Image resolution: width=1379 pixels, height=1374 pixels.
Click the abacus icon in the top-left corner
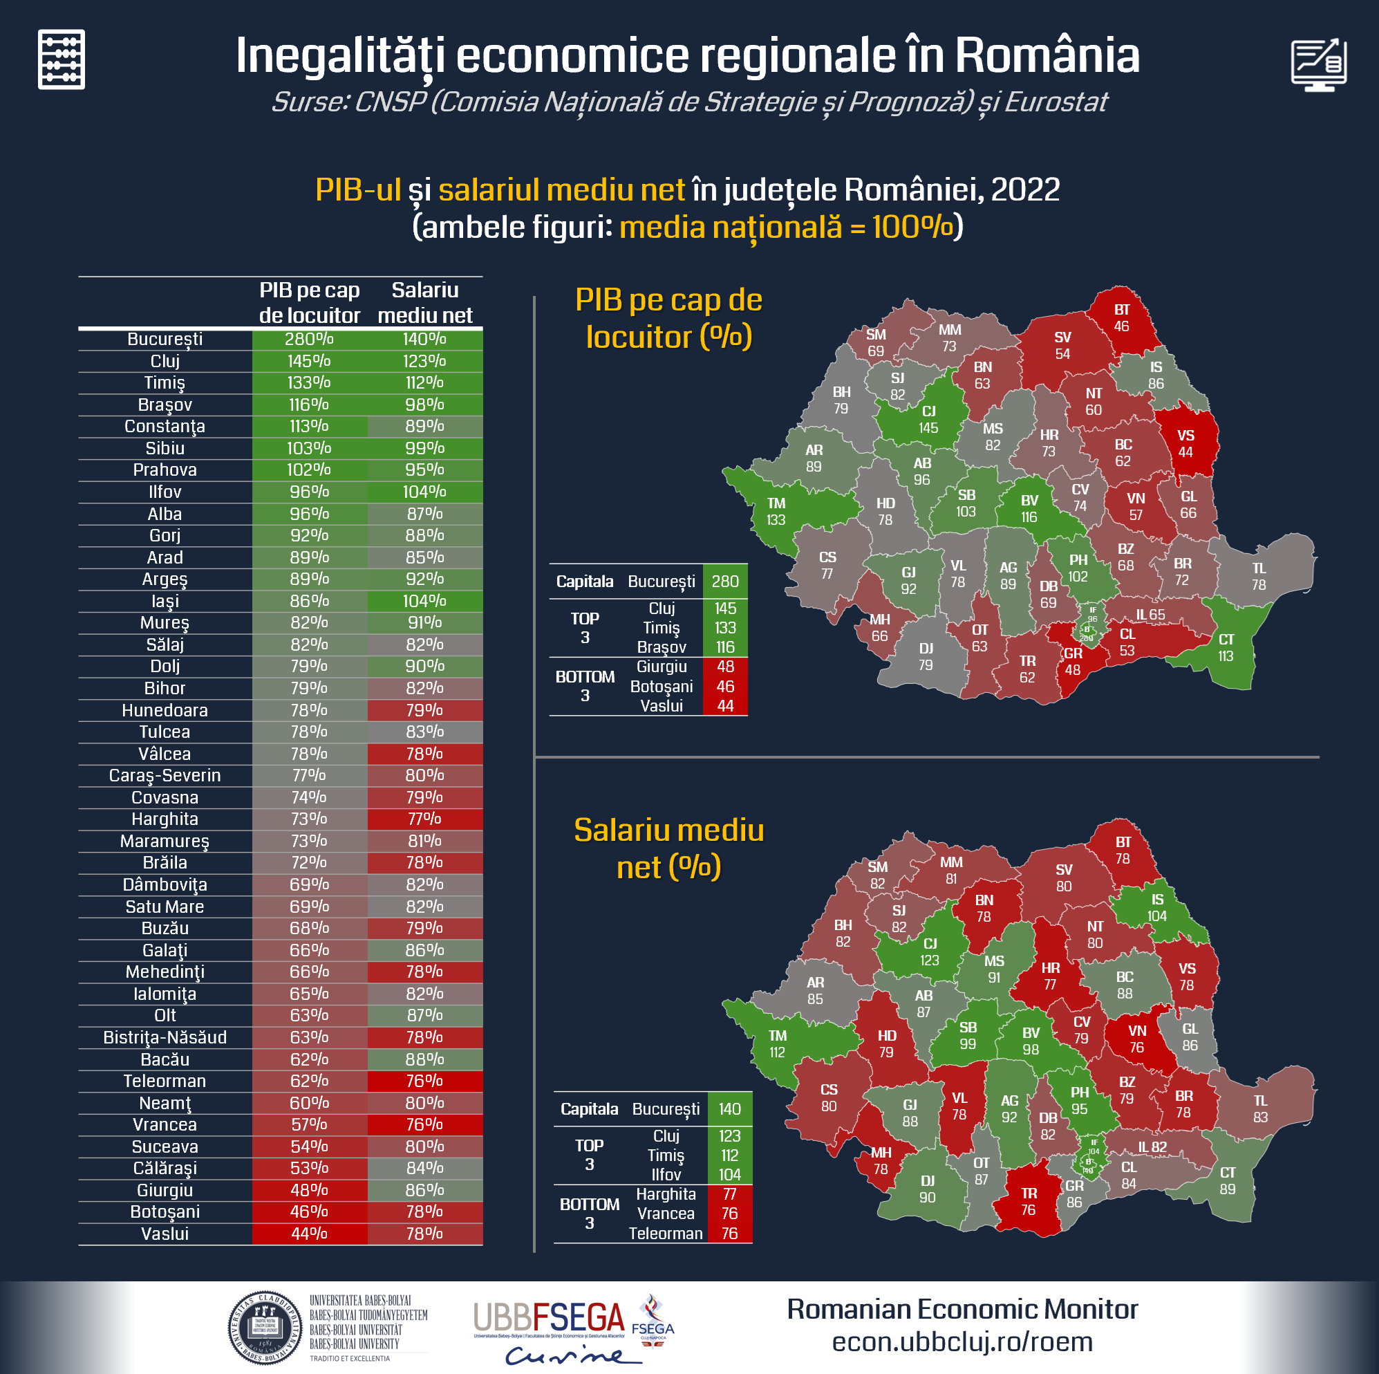click(62, 59)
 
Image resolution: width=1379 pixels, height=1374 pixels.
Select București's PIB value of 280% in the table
click(309, 340)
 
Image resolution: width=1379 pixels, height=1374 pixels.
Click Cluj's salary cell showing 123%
click(424, 362)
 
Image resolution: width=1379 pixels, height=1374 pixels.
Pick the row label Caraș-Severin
click(165, 776)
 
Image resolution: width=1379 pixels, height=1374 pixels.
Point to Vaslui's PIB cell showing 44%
click(309, 1234)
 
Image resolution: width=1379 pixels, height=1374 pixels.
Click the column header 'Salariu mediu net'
click(424, 302)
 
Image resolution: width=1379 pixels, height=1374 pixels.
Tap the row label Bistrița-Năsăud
click(165, 1037)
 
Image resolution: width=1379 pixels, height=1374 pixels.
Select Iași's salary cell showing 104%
click(424, 602)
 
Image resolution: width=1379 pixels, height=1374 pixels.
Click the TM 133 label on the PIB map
click(776, 511)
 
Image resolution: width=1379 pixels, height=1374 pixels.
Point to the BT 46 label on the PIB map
click(1121, 318)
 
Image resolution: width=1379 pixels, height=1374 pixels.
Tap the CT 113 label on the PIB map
click(1226, 648)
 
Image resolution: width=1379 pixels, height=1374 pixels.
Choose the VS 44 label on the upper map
click(1185, 443)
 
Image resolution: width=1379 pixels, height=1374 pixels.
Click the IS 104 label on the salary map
click(1157, 908)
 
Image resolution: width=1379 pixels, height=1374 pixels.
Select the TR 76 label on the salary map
click(1029, 1201)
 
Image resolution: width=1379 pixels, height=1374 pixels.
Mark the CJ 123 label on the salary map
click(929, 952)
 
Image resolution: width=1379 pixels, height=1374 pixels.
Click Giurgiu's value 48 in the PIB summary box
click(725, 667)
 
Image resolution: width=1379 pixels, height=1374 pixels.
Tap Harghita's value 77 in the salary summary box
click(729, 1194)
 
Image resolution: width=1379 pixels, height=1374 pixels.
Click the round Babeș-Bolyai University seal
click(265, 1328)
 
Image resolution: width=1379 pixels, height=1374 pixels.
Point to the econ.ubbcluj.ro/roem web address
click(962, 1342)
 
